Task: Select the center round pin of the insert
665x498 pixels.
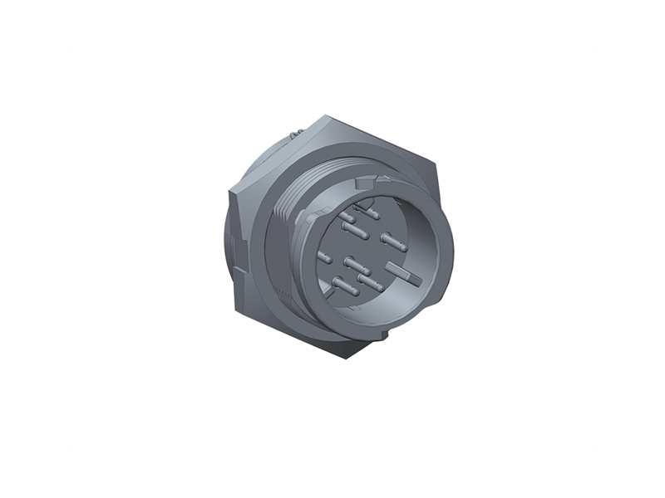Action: coord(356,265)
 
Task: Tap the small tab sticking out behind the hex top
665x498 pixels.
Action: coord(296,134)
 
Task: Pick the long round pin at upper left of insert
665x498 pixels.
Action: coord(356,230)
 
